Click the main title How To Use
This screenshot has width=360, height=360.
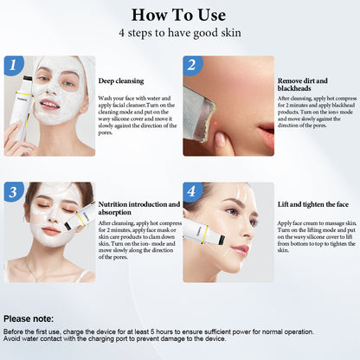coord(180,15)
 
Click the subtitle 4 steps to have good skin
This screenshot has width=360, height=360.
coord(180,33)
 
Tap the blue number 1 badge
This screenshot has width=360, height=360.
coord(12,65)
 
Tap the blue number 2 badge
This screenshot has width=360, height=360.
coord(192,65)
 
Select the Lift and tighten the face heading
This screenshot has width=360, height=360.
coord(312,205)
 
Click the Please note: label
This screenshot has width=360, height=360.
coord(29,318)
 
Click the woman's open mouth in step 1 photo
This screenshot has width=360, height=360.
coord(49,105)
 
